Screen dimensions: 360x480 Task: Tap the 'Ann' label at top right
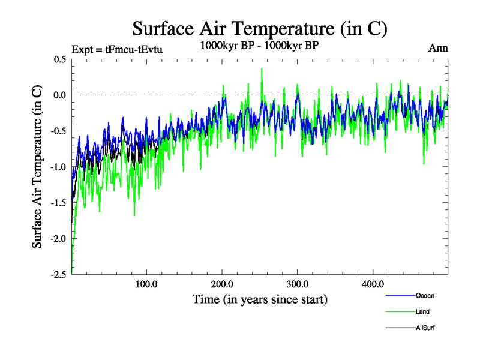pos(438,49)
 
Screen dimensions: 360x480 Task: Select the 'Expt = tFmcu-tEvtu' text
pos(117,49)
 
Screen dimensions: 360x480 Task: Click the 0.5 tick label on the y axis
pos(59,59)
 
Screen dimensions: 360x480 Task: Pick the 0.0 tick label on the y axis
pos(59,95)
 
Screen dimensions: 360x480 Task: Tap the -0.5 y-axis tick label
pos(58,131)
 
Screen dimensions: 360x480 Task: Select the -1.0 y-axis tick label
pos(58,167)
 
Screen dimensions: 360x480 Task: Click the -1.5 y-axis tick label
pos(58,203)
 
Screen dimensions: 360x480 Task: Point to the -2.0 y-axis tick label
pos(58,238)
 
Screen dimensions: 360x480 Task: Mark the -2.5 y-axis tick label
pos(58,274)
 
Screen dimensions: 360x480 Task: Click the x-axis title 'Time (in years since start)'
pos(260,299)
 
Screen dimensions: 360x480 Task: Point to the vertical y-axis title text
pos(37,167)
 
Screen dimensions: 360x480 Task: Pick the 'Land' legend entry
pos(422,312)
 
